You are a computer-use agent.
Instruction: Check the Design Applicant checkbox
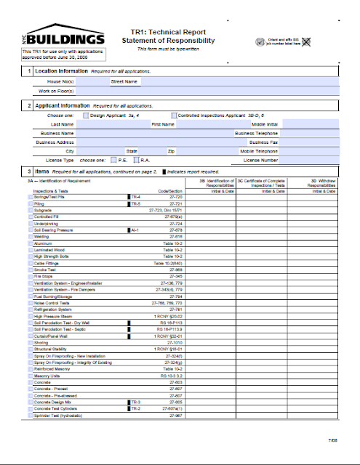87,116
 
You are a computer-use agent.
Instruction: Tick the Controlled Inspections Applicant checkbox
174,116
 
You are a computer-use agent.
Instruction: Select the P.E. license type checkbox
116,160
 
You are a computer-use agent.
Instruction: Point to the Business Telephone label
256,134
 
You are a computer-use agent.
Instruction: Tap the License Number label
260,160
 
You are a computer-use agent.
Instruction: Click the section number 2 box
28,105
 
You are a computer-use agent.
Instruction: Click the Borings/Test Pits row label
49,197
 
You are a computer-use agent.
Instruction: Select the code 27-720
175,197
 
